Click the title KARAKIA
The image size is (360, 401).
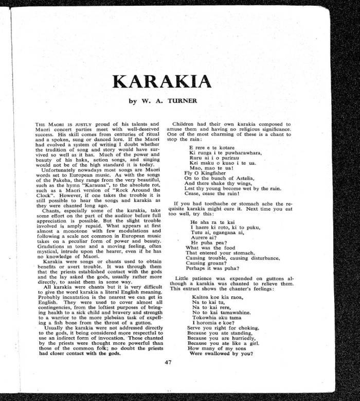161,81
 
